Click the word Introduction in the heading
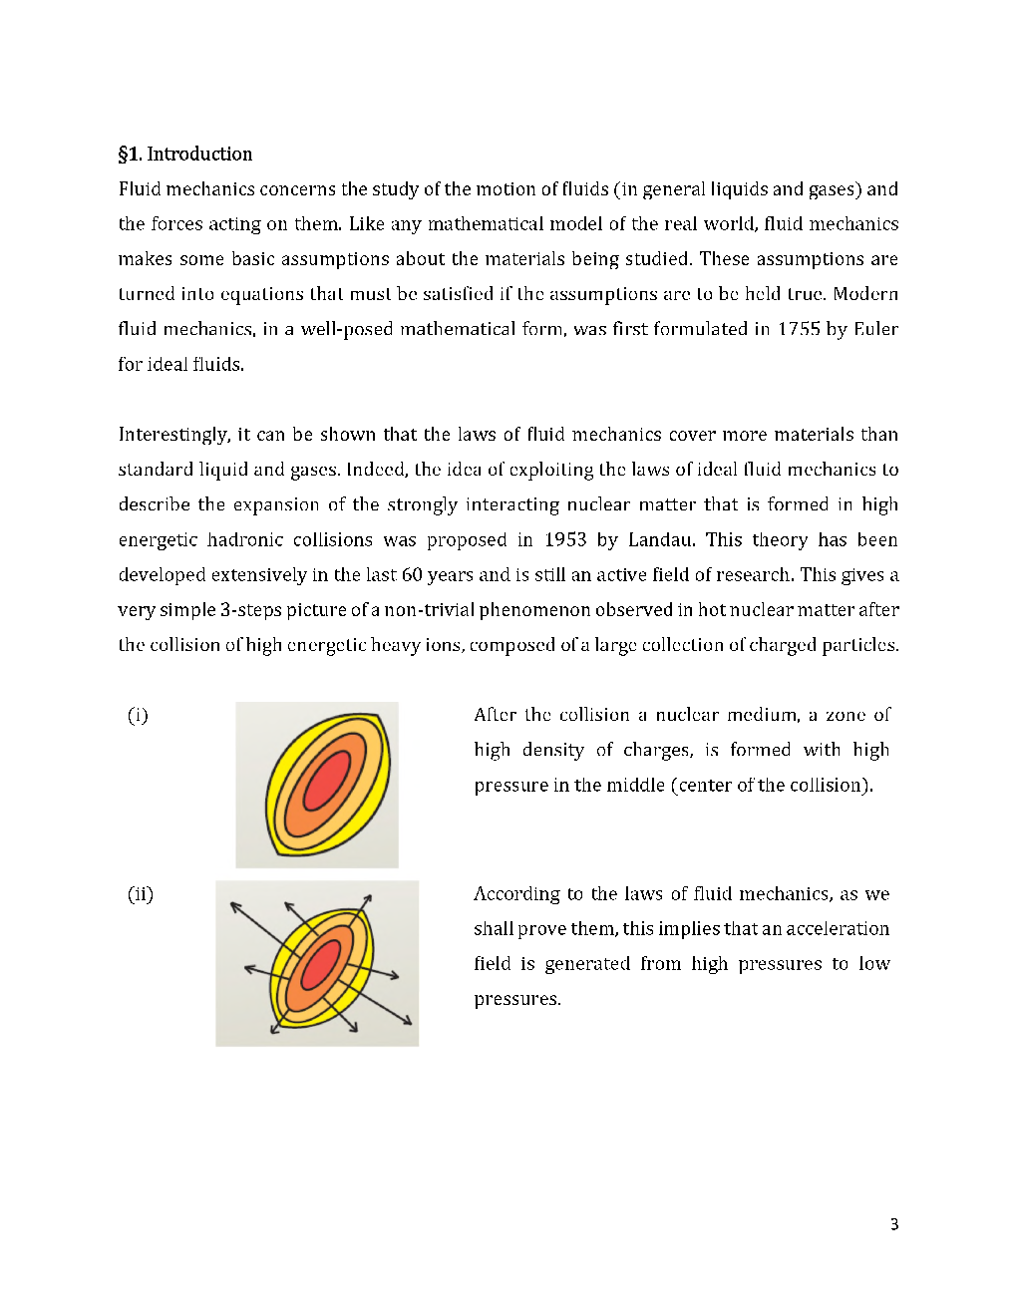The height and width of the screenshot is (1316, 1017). point(199,154)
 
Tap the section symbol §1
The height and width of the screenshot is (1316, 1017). point(130,154)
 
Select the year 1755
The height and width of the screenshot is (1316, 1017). point(799,329)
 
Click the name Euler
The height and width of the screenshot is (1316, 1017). point(875,329)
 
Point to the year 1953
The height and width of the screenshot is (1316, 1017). point(565,539)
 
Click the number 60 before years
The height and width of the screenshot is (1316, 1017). point(412,574)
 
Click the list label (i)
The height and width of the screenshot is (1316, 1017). point(138,715)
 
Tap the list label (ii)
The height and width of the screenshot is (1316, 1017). point(141,894)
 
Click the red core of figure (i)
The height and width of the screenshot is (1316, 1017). point(326,780)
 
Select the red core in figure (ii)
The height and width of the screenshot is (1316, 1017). point(321,964)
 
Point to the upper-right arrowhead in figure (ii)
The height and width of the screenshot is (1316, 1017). point(368,898)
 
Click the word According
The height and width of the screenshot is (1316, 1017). point(516,894)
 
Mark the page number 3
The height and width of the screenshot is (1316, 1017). point(894,1224)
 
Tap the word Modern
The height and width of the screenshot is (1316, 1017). point(865,294)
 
